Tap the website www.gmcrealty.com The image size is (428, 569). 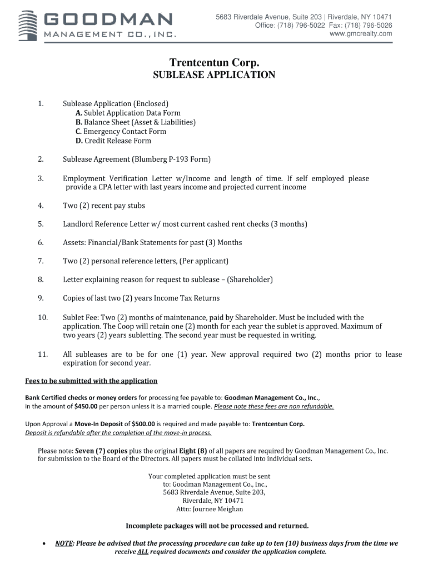(x=361, y=34)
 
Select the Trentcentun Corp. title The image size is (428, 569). (x=214, y=63)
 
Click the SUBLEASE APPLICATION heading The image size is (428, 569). (x=214, y=75)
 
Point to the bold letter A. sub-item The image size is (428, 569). (x=79, y=113)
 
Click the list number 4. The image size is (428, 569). (x=41, y=206)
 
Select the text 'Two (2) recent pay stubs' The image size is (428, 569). (x=104, y=206)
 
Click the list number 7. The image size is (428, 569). (x=41, y=261)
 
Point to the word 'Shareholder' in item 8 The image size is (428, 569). (x=250, y=279)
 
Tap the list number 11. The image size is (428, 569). (x=42, y=355)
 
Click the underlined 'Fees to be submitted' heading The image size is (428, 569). (x=92, y=381)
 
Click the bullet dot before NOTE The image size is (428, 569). (x=43, y=544)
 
